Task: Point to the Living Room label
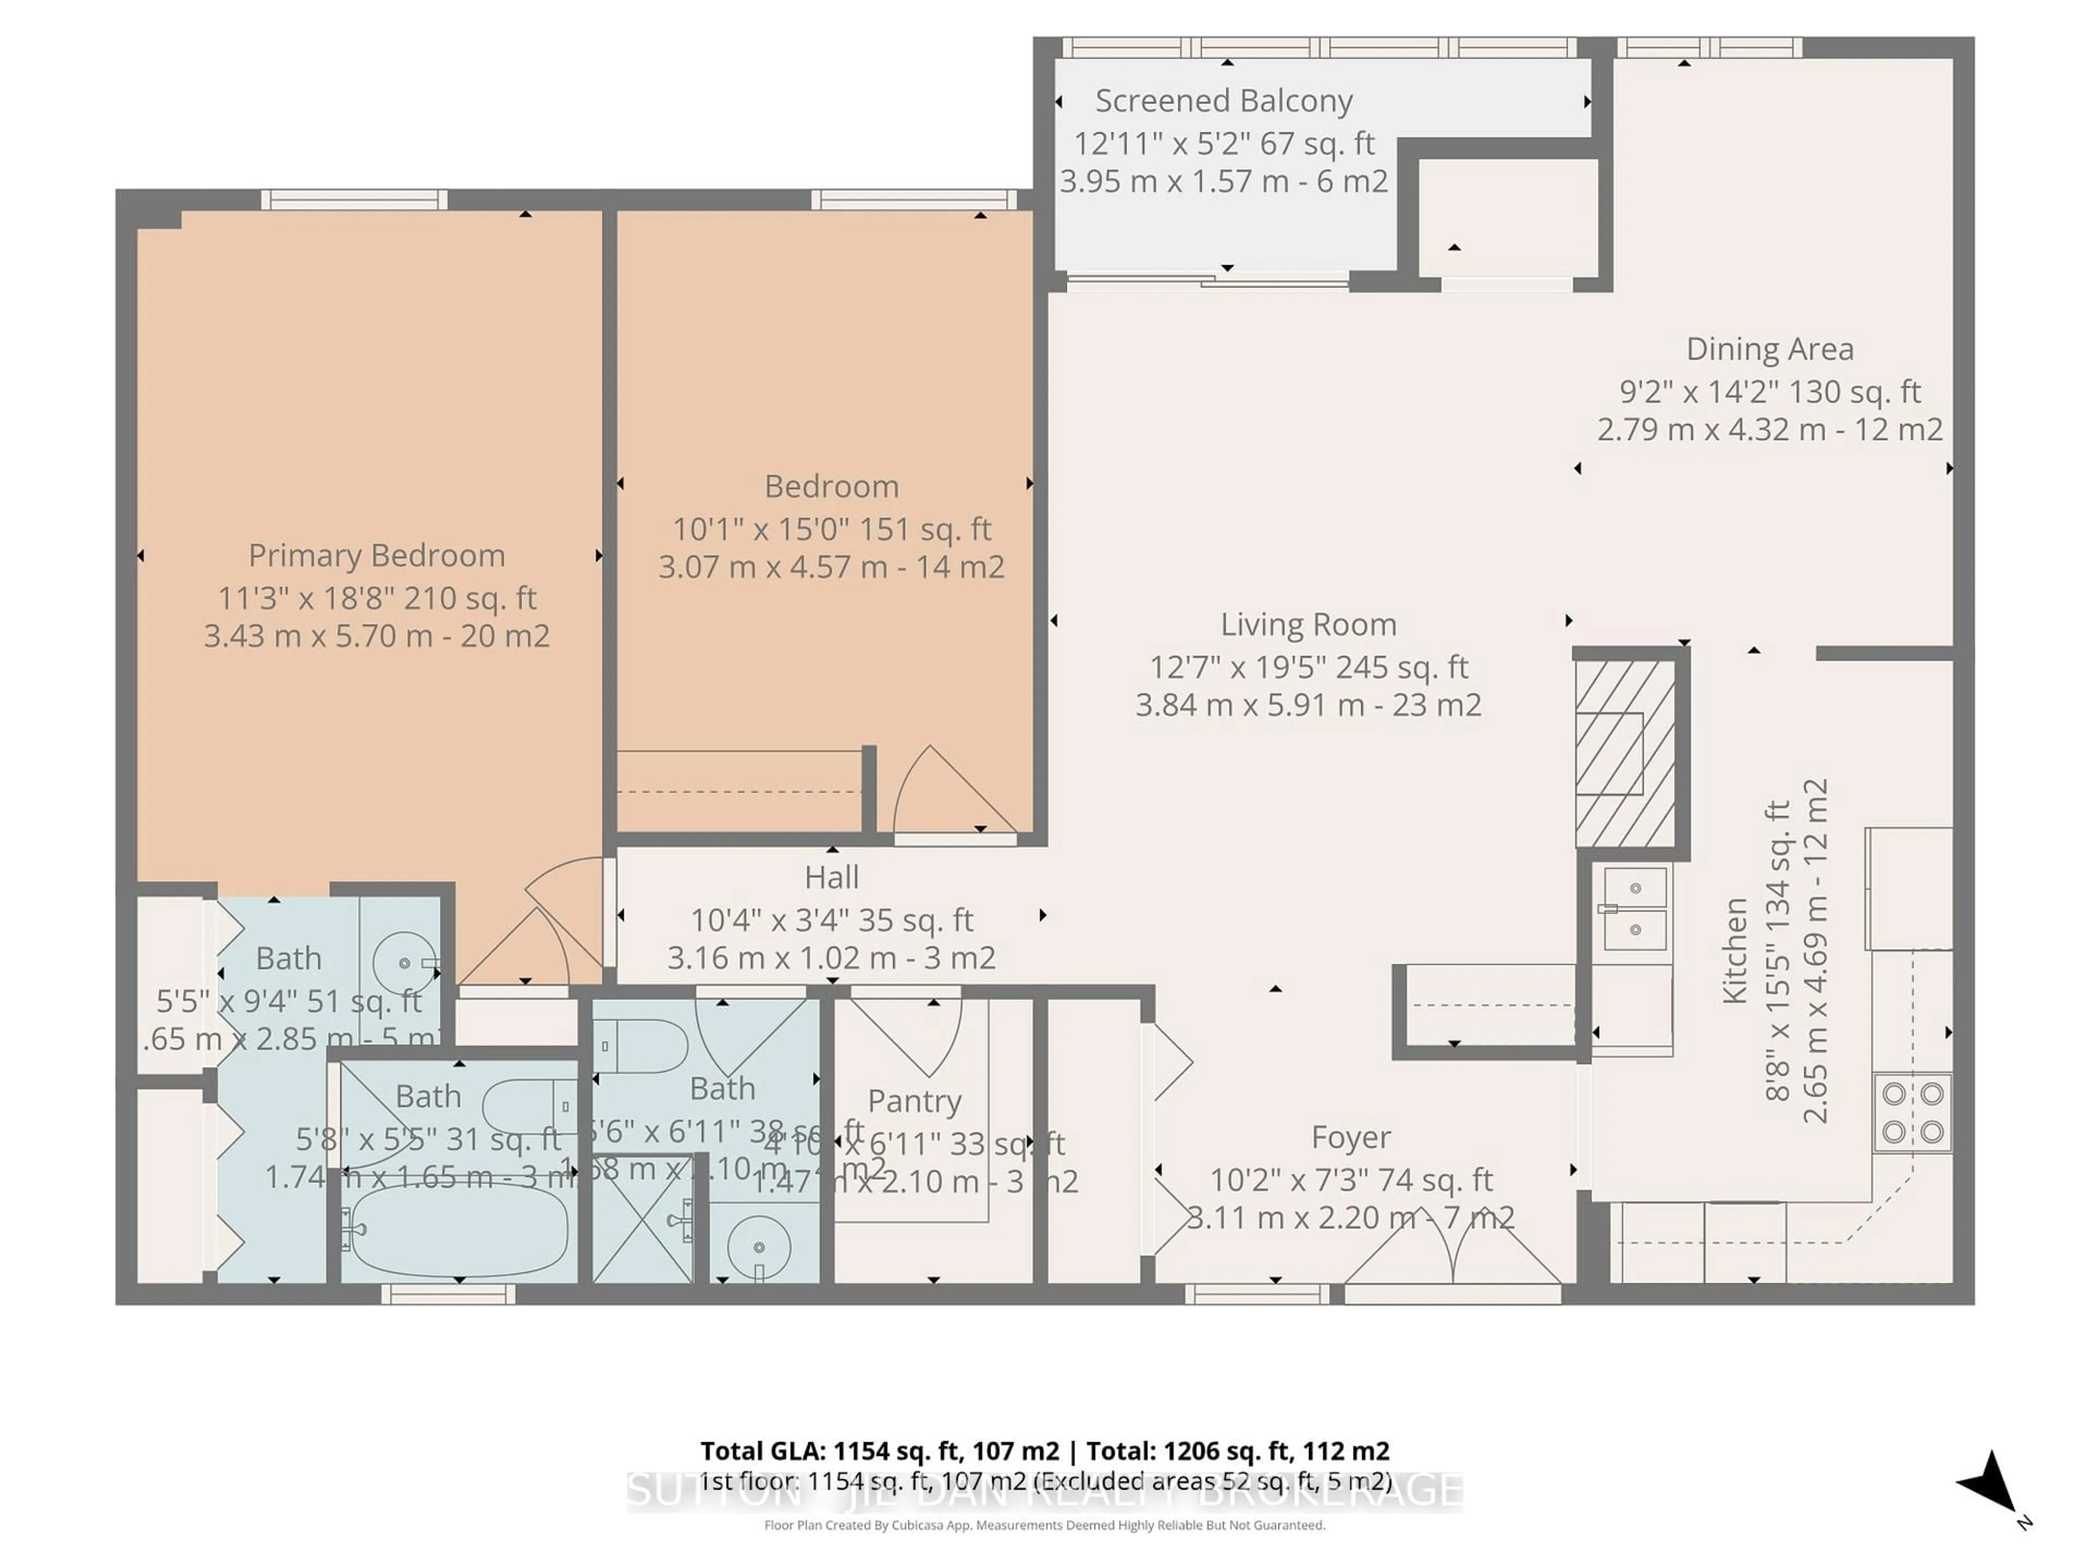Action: coord(1308,624)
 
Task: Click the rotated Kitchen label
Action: coord(1735,950)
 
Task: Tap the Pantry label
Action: coord(914,1100)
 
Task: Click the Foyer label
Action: coord(1350,1136)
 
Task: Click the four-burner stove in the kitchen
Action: coord(1913,1112)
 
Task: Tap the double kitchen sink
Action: coord(1634,909)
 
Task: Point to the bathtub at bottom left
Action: coord(456,1230)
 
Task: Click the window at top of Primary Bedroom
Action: coord(353,199)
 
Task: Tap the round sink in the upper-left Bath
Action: coord(403,962)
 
